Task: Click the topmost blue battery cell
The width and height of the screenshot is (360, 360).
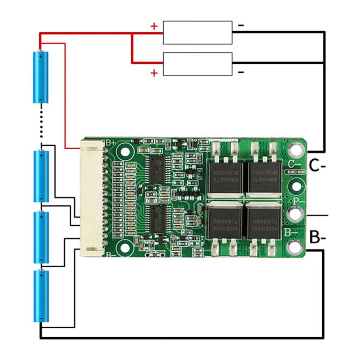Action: point(41,77)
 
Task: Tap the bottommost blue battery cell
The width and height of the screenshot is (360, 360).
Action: point(41,296)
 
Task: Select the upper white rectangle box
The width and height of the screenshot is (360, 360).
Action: point(197,32)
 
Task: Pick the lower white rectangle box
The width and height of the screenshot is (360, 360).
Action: point(197,64)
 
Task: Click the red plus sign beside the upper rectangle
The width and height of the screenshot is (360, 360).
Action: point(154,26)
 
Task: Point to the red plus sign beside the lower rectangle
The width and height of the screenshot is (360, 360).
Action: point(154,73)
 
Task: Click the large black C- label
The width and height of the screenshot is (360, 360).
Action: point(318,166)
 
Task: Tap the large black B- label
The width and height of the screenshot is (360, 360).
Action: point(318,238)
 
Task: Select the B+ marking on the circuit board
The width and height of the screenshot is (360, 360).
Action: point(110,142)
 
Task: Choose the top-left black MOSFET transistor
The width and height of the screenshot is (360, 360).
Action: point(225,176)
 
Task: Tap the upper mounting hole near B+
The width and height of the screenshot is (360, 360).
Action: point(125,151)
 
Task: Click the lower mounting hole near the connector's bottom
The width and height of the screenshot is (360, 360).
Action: point(125,247)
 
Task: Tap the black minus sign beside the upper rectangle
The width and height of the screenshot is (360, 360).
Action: point(241,25)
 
